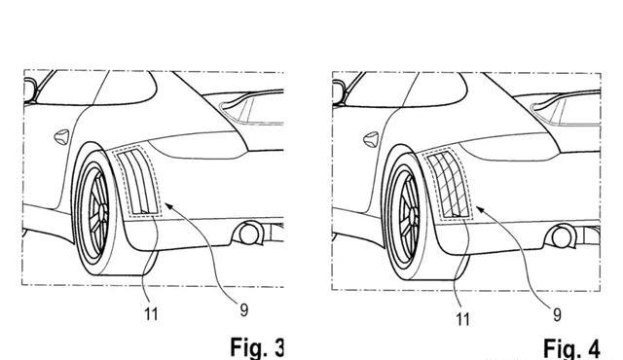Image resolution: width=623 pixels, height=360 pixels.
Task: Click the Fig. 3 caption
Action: tap(257, 347)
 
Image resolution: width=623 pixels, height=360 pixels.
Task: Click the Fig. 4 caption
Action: tap(571, 349)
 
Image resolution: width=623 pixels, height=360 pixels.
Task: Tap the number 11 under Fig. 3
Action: tap(151, 314)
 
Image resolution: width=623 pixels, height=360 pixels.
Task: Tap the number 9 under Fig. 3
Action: tap(244, 309)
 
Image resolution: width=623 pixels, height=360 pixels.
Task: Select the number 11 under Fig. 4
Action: tap(462, 319)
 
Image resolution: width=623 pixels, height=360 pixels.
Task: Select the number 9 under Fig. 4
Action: tap(557, 314)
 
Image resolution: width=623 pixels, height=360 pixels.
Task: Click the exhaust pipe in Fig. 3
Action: tap(249, 234)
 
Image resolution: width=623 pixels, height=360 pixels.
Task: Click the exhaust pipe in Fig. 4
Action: tap(561, 236)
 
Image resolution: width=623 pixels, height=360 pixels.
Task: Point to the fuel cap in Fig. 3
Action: tap(61, 137)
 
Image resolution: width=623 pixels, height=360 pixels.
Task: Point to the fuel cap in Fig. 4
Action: tap(371, 140)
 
